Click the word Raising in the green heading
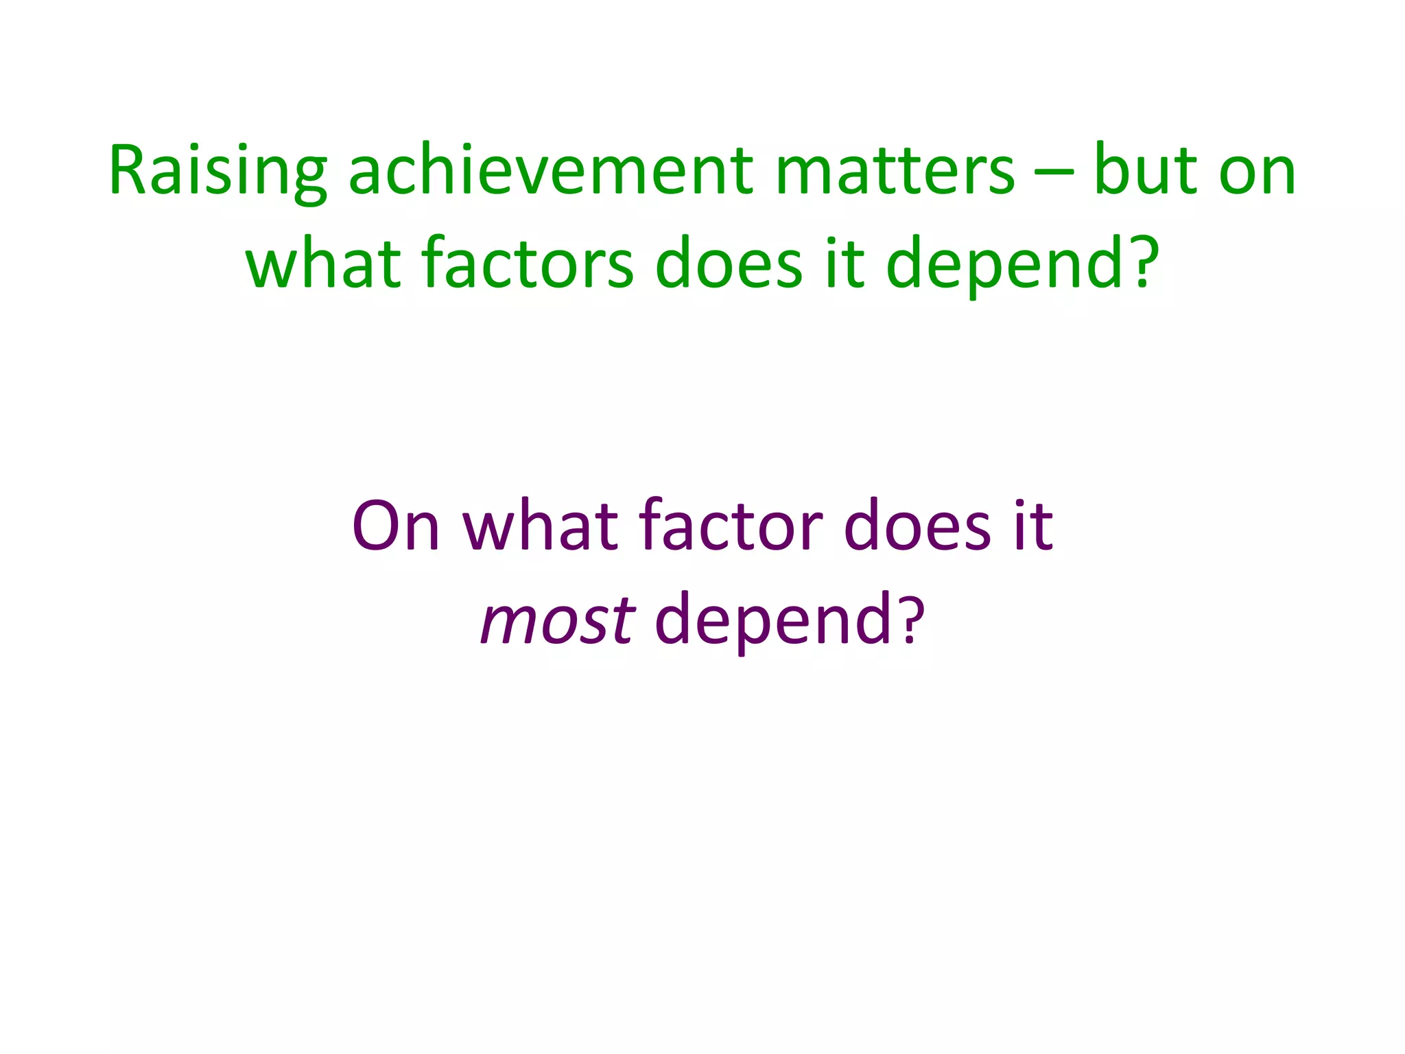(x=218, y=172)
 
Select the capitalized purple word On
(x=396, y=527)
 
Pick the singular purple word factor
(x=731, y=527)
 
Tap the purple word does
(x=917, y=527)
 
